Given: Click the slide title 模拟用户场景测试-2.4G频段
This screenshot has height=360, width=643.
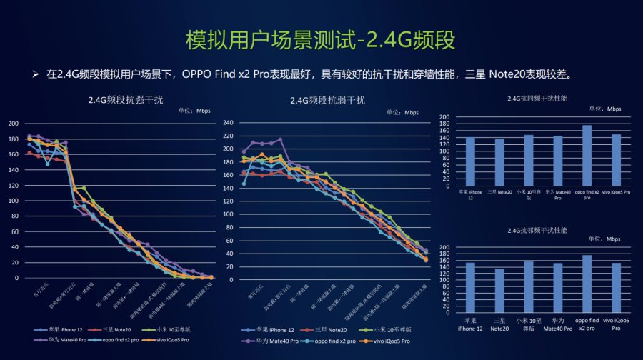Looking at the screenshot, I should (320, 39).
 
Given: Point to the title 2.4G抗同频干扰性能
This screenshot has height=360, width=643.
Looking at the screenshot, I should (537, 98).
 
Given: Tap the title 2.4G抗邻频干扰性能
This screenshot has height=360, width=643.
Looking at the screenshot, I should (537, 231).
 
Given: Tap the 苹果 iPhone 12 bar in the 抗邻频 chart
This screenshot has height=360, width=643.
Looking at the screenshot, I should (470, 287).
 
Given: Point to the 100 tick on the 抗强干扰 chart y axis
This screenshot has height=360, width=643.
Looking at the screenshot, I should (14, 200).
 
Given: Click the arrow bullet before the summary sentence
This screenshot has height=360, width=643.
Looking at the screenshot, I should (34, 74).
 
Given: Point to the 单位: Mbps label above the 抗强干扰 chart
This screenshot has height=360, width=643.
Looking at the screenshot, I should (194, 111).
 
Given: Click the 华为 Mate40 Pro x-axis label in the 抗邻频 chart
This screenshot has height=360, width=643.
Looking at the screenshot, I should (557, 325).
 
